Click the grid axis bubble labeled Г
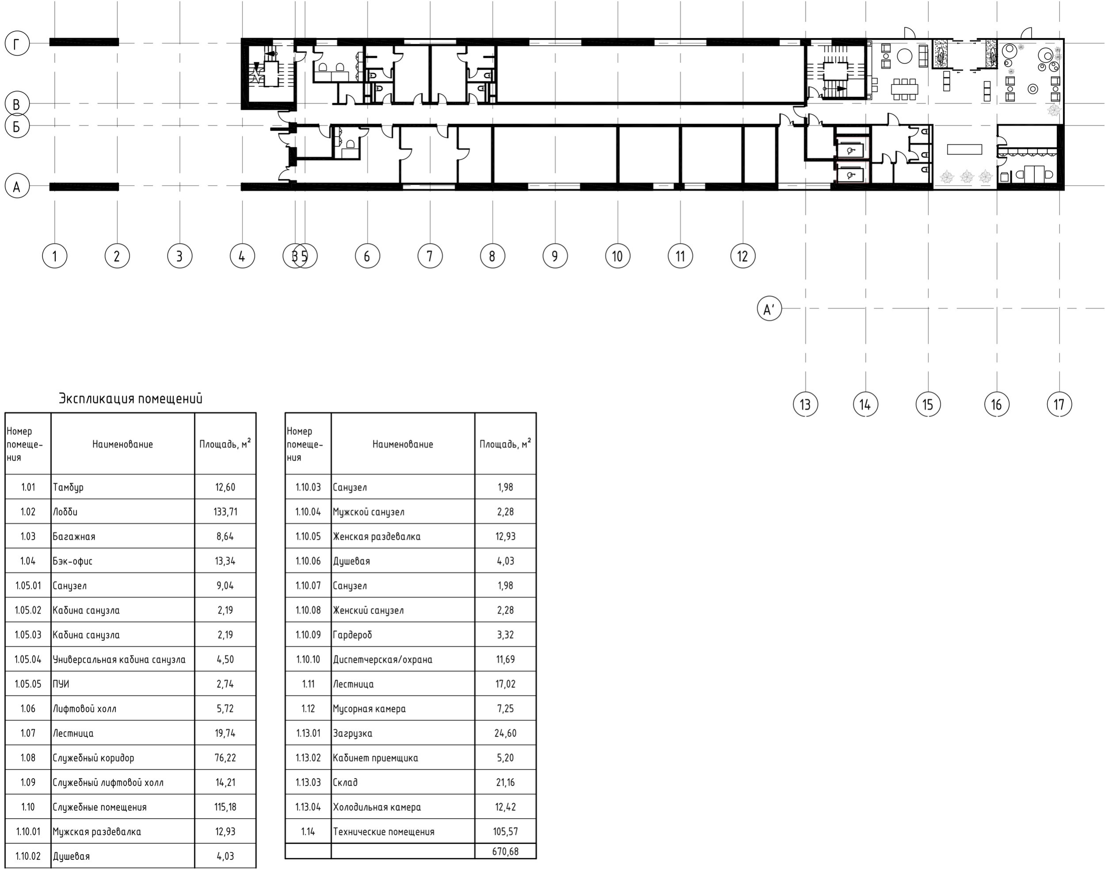[x=17, y=44]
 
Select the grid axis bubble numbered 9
[x=555, y=256]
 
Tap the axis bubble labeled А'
[x=769, y=309]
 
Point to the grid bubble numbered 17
[x=1059, y=404]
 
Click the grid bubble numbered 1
[x=54, y=256]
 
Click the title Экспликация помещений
[x=131, y=398]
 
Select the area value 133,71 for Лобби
[x=225, y=512]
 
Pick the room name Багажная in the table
[x=74, y=536]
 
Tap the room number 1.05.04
[x=28, y=659]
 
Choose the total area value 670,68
[x=505, y=851]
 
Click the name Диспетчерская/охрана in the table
[x=383, y=659]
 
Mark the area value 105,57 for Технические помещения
[x=505, y=832]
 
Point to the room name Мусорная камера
[x=370, y=709]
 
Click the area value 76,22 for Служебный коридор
[x=225, y=758]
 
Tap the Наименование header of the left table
[x=122, y=444]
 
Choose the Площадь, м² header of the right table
[x=505, y=444]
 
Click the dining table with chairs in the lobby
[x=905, y=89]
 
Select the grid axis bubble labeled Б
[x=17, y=126]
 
